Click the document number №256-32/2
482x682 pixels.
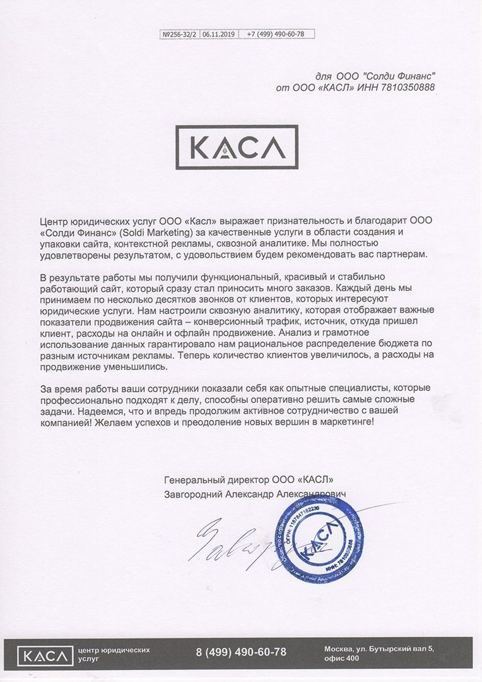tap(180, 34)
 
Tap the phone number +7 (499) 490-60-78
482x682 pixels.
tap(276, 34)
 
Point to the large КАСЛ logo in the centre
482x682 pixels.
tap(237, 148)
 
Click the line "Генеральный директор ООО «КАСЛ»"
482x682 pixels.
tap(248, 480)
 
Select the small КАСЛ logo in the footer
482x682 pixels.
tap(44, 654)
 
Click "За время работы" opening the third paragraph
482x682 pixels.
tap(76, 387)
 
